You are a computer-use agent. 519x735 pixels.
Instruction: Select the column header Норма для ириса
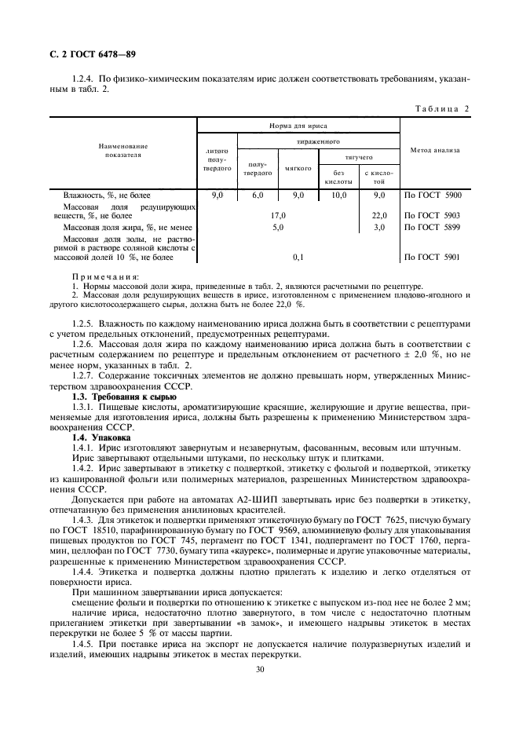(x=298, y=126)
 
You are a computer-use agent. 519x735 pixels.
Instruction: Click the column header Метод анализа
(x=434, y=149)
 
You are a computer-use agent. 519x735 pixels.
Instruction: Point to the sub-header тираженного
(x=318, y=142)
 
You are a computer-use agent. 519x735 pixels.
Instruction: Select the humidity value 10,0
(x=338, y=194)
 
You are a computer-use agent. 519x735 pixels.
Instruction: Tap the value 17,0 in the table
(x=277, y=214)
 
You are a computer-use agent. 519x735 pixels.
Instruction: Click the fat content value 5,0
(x=277, y=227)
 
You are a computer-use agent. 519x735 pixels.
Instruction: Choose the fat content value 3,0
(x=379, y=227)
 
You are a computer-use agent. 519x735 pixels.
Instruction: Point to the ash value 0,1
(x=298, y=257)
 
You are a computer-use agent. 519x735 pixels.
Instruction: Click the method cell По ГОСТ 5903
(x=432, y=214)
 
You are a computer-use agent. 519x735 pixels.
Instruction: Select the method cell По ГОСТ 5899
(x=432, y=227)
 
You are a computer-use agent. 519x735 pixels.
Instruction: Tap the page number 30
(x=259, y=670)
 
